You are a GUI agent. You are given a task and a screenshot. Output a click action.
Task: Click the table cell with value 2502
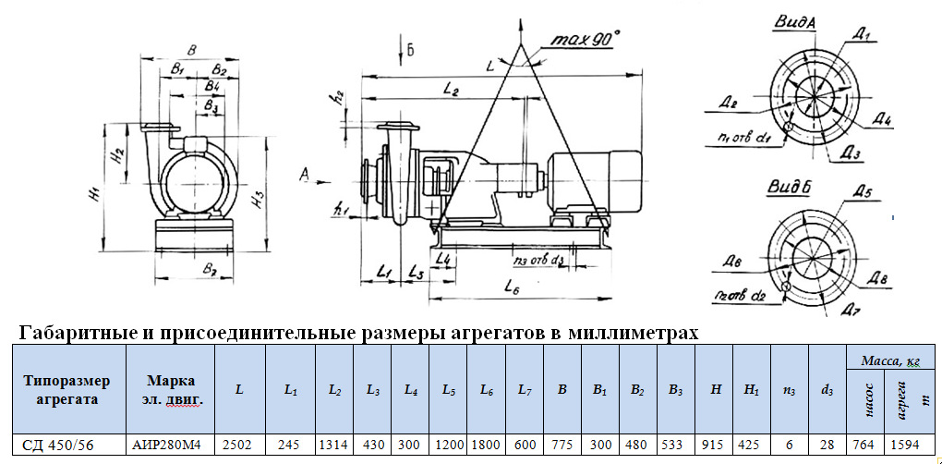240,445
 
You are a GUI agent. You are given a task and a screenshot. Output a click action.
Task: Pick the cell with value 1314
334,445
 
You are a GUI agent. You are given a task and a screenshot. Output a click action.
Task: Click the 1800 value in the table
486,445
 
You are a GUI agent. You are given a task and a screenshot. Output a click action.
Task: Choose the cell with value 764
864,445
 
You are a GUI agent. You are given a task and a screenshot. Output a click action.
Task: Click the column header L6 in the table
486,389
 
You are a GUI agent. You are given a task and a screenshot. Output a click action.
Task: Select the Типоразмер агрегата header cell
66,389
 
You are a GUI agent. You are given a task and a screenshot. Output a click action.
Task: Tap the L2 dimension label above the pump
451,90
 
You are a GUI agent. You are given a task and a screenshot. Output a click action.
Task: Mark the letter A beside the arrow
306,174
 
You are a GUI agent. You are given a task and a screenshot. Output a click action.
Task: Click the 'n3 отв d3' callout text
538,260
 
